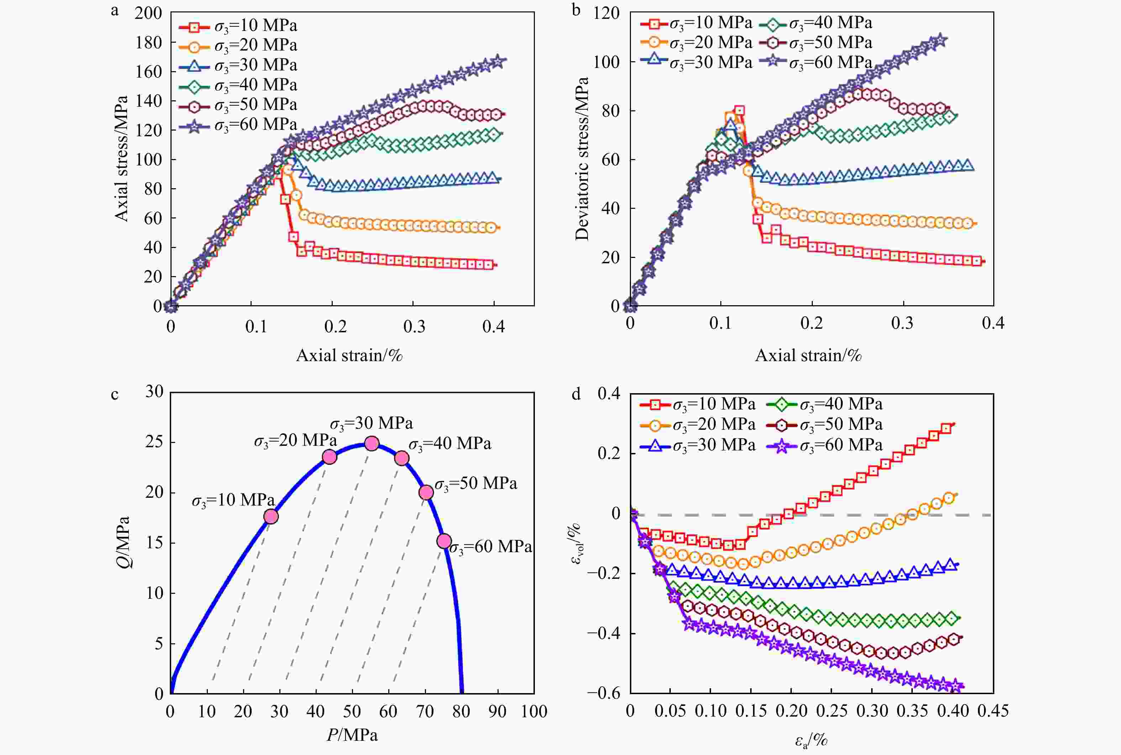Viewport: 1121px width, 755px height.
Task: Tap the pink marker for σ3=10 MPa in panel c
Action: [271, 516]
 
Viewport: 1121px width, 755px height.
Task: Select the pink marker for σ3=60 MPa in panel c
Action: [444, 541]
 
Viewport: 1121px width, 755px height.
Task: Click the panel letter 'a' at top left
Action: [115, 11]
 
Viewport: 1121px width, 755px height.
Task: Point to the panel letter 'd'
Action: [576, 394]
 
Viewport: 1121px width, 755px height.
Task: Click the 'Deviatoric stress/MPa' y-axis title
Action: [582, 159]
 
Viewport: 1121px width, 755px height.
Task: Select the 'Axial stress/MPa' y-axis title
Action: [121, 159]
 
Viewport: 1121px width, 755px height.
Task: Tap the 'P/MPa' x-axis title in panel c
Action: [352, 735]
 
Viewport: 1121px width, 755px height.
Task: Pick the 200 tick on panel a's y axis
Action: [148, 13]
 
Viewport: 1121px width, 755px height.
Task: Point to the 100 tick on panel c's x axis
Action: [534, 711]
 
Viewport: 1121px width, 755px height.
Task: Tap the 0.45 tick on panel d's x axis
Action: [993, 711]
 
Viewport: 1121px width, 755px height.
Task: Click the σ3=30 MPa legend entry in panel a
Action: [239, 65]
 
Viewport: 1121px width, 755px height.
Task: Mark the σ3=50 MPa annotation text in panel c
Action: [476, 484]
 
